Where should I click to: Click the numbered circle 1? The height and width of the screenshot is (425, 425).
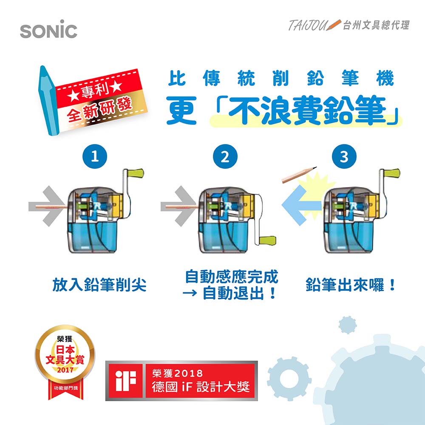click(x=96, y=157)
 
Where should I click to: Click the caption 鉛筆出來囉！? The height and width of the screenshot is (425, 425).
click(x=351, y=285)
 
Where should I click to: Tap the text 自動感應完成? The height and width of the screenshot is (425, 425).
click(x=232, y=277)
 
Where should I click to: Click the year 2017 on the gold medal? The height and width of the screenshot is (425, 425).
click(x=65, y=369)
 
